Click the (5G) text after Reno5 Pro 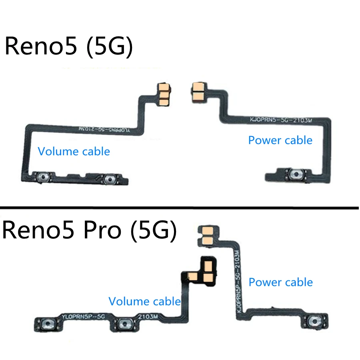click(x=154, y=232)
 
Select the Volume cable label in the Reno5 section click(x=74, y=151)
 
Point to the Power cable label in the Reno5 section click(x=280, y=140)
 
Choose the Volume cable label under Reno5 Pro click(x=144, y=301)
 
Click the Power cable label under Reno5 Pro click(x=280, y=282)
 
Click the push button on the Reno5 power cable click(x=296, y=174)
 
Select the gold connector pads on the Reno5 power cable click(x=198, y=92)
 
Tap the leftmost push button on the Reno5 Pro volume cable click(x=48, y=323)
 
